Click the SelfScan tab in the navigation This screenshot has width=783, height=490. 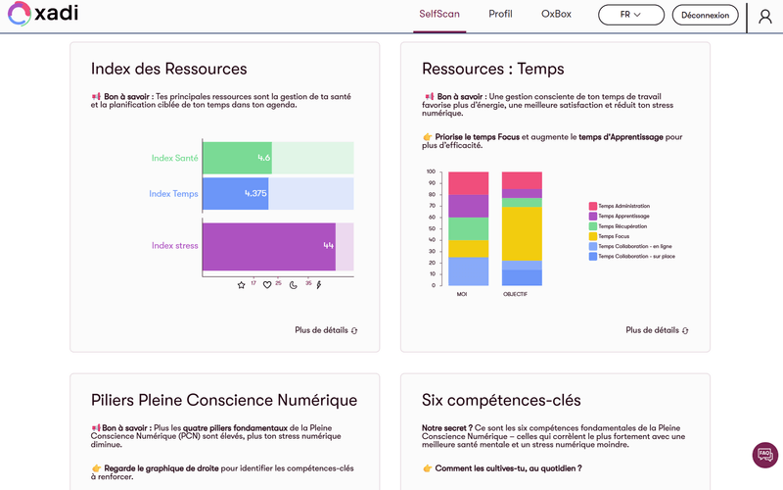click(439, 15)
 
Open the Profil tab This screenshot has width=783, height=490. click(500, 15)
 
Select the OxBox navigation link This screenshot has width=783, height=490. click(556, 15)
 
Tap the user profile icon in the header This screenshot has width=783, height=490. click(765, 16)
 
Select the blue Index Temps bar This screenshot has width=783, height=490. click(235, 193)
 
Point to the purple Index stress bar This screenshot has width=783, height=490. click(268, 245)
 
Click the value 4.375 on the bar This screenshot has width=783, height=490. click(255, 193)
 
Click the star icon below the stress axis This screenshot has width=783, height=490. click(242, 285)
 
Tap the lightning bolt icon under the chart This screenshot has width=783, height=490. click(318, 285)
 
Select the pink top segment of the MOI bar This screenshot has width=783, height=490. click(469, 183)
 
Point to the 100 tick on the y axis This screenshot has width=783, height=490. click(431, 171)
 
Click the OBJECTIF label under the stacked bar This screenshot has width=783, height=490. click(515, 294)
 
